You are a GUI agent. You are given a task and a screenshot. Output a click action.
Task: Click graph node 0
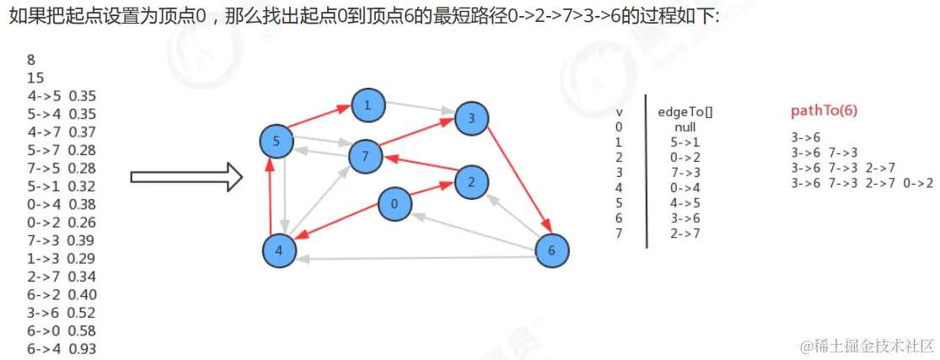tap(394, 203)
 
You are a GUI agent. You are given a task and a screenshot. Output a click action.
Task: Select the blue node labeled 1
tap(368, 105)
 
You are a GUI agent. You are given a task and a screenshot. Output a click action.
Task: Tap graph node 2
tap(471, 181)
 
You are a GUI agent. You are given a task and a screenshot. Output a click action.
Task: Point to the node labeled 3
tap(471, 118)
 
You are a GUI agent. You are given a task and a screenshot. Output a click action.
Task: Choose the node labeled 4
tap(279, 250)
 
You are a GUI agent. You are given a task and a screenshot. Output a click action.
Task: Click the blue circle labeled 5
tap(277, 141)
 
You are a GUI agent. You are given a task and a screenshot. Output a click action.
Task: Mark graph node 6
tap(552, 250)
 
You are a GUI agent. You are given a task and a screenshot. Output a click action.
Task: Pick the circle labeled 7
tap(365, 156)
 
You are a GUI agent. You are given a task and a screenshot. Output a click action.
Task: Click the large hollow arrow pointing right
tap(186, 177)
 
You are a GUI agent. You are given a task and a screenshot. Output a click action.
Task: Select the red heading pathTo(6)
tap(825, 111)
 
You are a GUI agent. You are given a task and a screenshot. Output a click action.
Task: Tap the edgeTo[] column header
tap(679, 112)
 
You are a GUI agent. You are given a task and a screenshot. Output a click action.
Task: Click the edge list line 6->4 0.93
tap(62, 348)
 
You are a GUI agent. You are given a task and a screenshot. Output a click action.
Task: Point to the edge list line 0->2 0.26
tap(62, 222)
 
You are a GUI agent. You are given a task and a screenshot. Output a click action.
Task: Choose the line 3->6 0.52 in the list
tap(62, 312)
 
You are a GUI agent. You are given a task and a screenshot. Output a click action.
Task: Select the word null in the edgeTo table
tap(685, 127)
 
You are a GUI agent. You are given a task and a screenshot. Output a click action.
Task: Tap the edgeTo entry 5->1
tap(685, 142)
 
